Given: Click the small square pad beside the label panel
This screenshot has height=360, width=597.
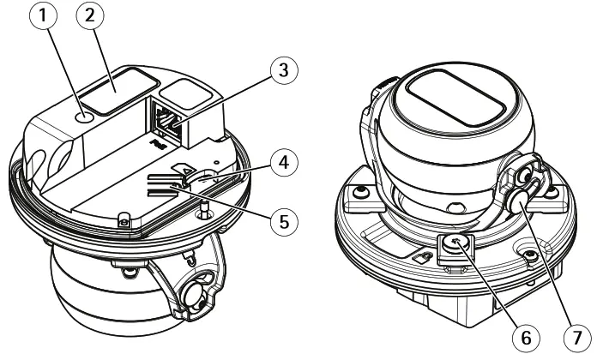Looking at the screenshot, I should [x=184, y=93].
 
